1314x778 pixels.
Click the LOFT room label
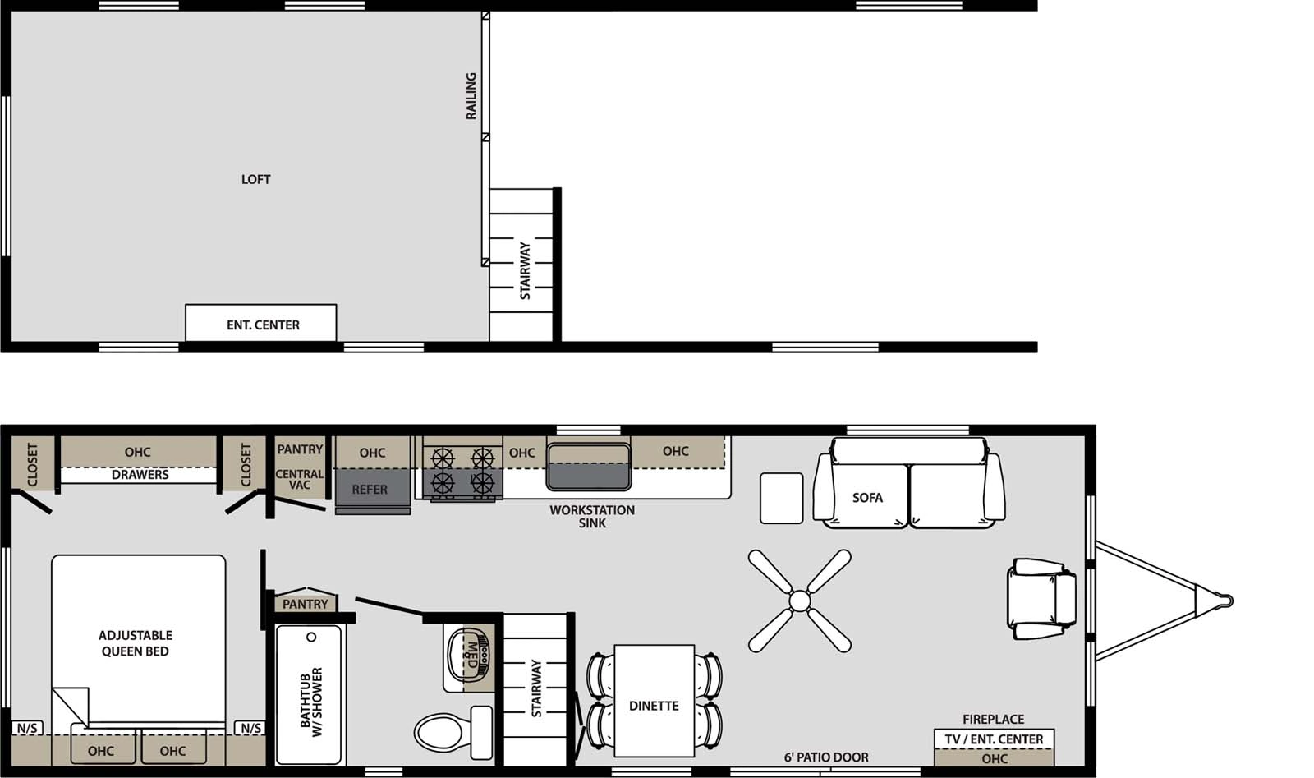click(x=255, y=179)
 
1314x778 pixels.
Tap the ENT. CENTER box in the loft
click(x=262, y=325)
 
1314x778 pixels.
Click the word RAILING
click(x=471, y=96)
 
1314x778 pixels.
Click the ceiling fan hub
click(x=799, y=601)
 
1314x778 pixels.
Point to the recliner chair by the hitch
click(x=1041, y=599)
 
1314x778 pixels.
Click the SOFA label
click(x=867, y=498)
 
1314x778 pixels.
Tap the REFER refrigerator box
click(x=370, y=490)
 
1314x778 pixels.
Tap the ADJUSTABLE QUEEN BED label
click(x=136, y=643)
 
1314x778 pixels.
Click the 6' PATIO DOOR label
click(x=826, y=757)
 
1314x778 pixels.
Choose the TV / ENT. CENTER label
click(x=994, y=739)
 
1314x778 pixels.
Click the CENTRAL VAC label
click(x=299, y=479)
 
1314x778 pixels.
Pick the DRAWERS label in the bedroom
click(x=140, y=475)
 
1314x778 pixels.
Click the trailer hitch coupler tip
click(x=1227, y=601)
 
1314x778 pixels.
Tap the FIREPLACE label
click(x=993, y=720)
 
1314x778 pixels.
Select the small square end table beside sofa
click(x=781, y=498)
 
